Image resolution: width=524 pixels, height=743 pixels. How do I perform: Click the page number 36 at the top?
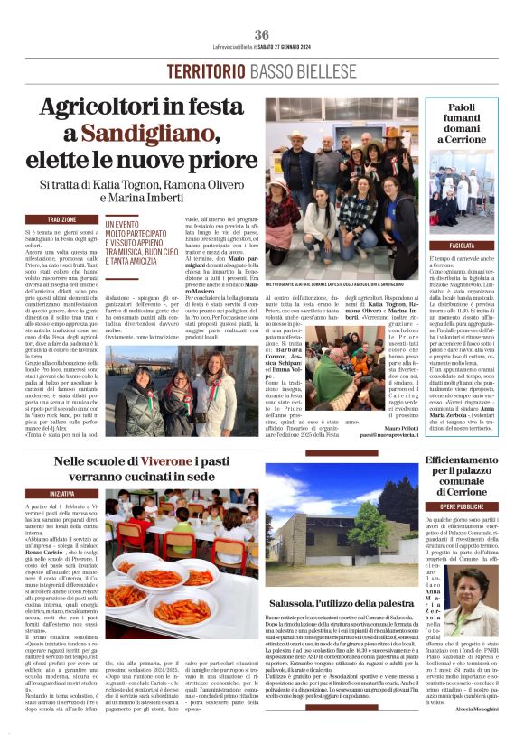point(262,34)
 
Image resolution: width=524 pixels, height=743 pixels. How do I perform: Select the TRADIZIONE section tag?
point(62,219)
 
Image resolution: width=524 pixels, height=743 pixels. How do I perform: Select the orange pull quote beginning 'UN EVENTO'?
point(145,243)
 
